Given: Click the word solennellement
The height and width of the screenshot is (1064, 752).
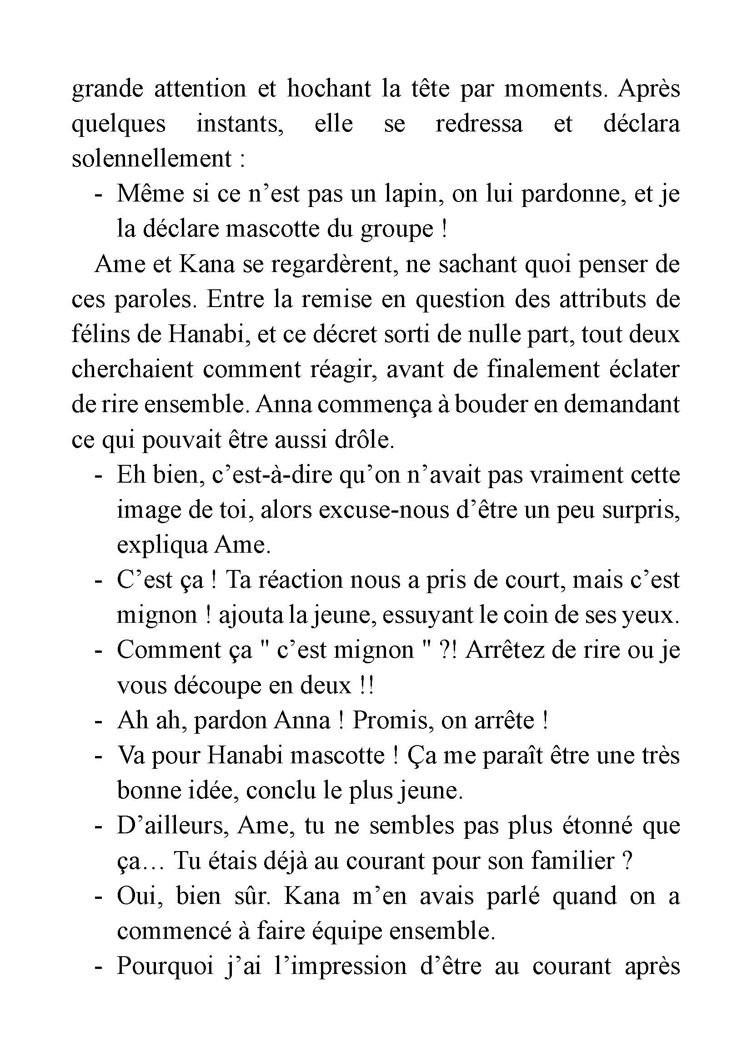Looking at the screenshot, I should pos(151,158).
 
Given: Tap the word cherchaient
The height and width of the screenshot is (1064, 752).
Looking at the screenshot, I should pos(132,369).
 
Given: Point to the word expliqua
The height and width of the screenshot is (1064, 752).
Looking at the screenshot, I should pos(162,545).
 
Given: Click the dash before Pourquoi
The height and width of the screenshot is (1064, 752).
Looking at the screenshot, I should pos(98,968).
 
